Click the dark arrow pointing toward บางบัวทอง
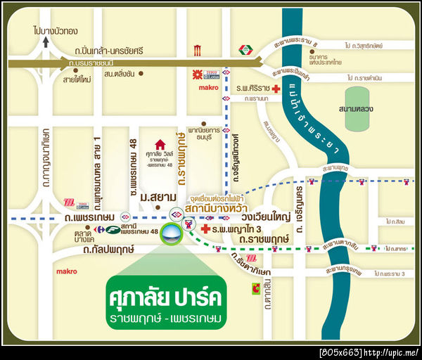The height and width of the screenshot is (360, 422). click(46, 42)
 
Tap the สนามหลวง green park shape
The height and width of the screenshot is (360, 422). click(357, 109)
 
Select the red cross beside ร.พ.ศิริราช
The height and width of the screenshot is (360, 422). click(276, 89)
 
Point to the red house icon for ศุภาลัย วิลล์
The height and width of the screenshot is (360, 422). click(160, 145)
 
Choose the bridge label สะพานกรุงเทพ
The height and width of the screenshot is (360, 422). click(343, 271)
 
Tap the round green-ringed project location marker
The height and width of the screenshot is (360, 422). click(170, 235)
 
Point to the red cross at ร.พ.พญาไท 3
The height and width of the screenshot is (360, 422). click(205, 229)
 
